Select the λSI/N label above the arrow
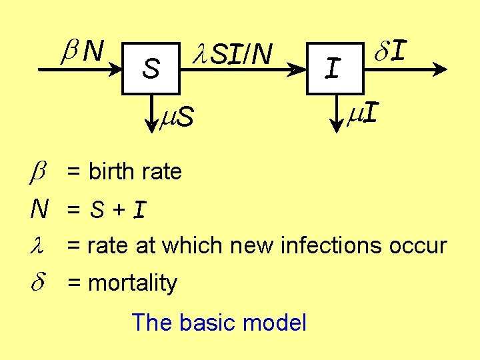coord(231,54)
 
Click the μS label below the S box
coord(177,117)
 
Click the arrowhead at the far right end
coord(439,68)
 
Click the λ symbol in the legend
coord(39,245)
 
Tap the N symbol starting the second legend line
coord(39,210)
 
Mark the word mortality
coord(133,283)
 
